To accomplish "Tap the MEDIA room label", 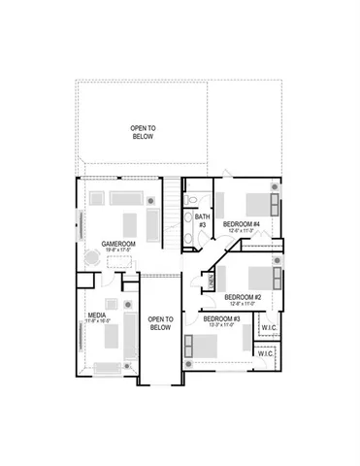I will (x=97, y=315).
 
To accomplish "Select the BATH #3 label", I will (x=202, y=221).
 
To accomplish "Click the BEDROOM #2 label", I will (x=240, y=297).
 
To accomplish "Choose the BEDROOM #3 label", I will (x=221, y=318).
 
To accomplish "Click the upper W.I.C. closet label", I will (x=268, y=328).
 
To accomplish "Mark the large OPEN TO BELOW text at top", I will (x=143, y=132).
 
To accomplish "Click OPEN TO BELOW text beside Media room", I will (x=159, y=323).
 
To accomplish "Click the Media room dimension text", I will (x=97, y=321).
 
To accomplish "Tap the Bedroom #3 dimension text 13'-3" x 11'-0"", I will (x=221, y=325).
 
